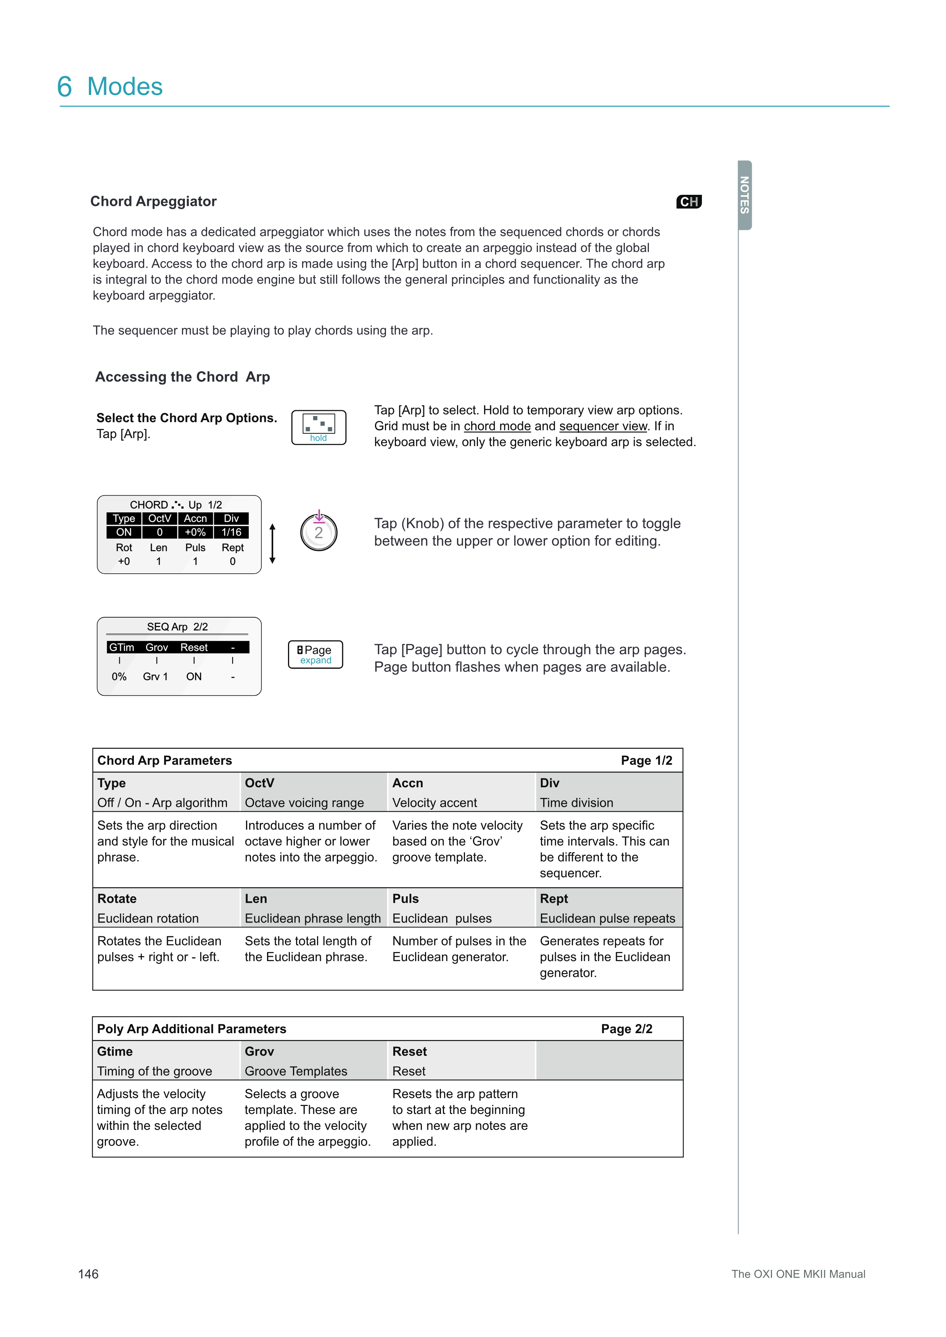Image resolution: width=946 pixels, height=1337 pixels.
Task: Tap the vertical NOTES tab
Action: click(x=745, y=195)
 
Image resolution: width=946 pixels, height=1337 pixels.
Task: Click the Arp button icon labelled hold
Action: click(x=319, y=427)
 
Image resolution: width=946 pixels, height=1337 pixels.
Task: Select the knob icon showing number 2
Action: click(x=319, y=532)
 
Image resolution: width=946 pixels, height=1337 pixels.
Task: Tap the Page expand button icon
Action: click(x=315, y=655)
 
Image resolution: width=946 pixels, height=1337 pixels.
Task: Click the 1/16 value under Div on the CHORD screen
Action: click(x=231, y=532)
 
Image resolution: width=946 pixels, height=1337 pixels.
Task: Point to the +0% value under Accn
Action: click(x=195, y=532)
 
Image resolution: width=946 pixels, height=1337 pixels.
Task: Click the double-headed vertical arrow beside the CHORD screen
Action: click(x=272, y=543)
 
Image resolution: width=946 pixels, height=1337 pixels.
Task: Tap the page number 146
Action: click(x=88, y=1274)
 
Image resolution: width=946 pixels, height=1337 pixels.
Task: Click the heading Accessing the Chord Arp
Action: click(x=182, y=377)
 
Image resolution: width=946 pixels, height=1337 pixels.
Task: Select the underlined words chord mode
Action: click(x=497, y=426)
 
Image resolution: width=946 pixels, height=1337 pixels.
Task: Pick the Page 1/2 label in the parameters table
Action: click(x=646, y=761)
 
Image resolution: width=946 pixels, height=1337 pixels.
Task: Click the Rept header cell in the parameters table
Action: click(x=554, y=899)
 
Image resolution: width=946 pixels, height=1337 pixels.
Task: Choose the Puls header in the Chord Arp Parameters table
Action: click(x=405, y=899)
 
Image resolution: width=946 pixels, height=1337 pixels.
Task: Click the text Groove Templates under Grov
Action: click(x=295, y=1071)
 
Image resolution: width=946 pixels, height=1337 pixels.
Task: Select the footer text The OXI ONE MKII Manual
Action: click(x=798, y=1274)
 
